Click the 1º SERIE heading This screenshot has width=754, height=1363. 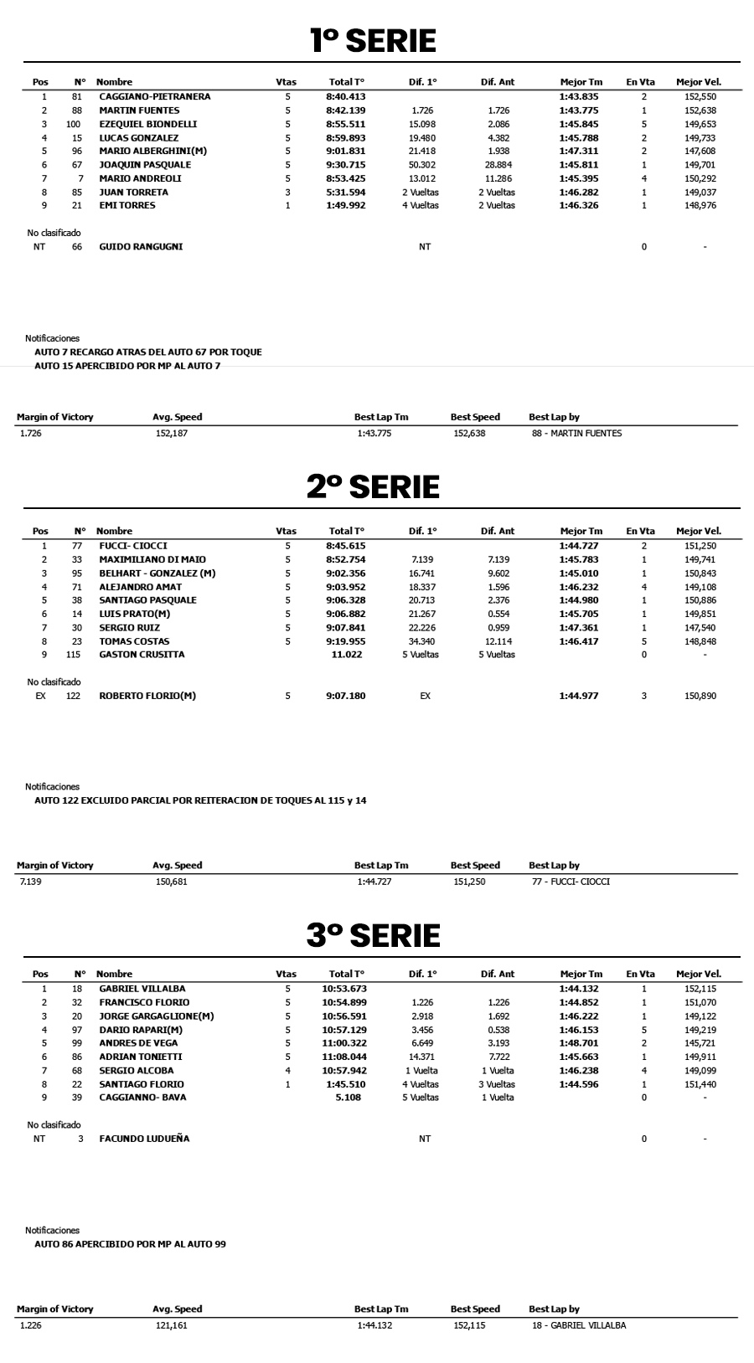pos(373,40)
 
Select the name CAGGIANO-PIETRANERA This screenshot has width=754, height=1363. pos(154,96)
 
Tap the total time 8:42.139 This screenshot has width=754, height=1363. pos(345,111)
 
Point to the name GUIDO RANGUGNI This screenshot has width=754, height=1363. pos(141,247)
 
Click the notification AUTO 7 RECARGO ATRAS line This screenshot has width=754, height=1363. pos(148,352)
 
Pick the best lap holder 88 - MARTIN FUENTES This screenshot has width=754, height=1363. pos(576,434)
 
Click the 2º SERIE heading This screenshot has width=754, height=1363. pos(373,486)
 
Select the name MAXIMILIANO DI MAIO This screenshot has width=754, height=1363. pos(152,559)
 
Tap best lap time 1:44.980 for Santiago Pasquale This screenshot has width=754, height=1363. pos(579,600)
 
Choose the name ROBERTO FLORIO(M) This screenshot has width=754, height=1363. pos(147,696)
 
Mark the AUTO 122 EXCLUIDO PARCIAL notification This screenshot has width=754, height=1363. pos(200,800)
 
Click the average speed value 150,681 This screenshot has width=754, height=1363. pos(171,882)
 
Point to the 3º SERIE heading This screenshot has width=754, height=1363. pos(373,935)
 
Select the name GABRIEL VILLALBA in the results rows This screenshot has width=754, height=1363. pos(142,989)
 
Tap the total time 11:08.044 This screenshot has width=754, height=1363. pos(345,1057)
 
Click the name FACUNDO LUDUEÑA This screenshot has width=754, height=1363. pos(144,1139)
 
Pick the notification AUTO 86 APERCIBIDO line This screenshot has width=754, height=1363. pos(130,1244)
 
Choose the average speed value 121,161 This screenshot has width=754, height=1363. pos(171,1325)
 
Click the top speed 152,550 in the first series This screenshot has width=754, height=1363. pos(700,96)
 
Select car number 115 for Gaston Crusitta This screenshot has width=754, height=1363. pos(74,655)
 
